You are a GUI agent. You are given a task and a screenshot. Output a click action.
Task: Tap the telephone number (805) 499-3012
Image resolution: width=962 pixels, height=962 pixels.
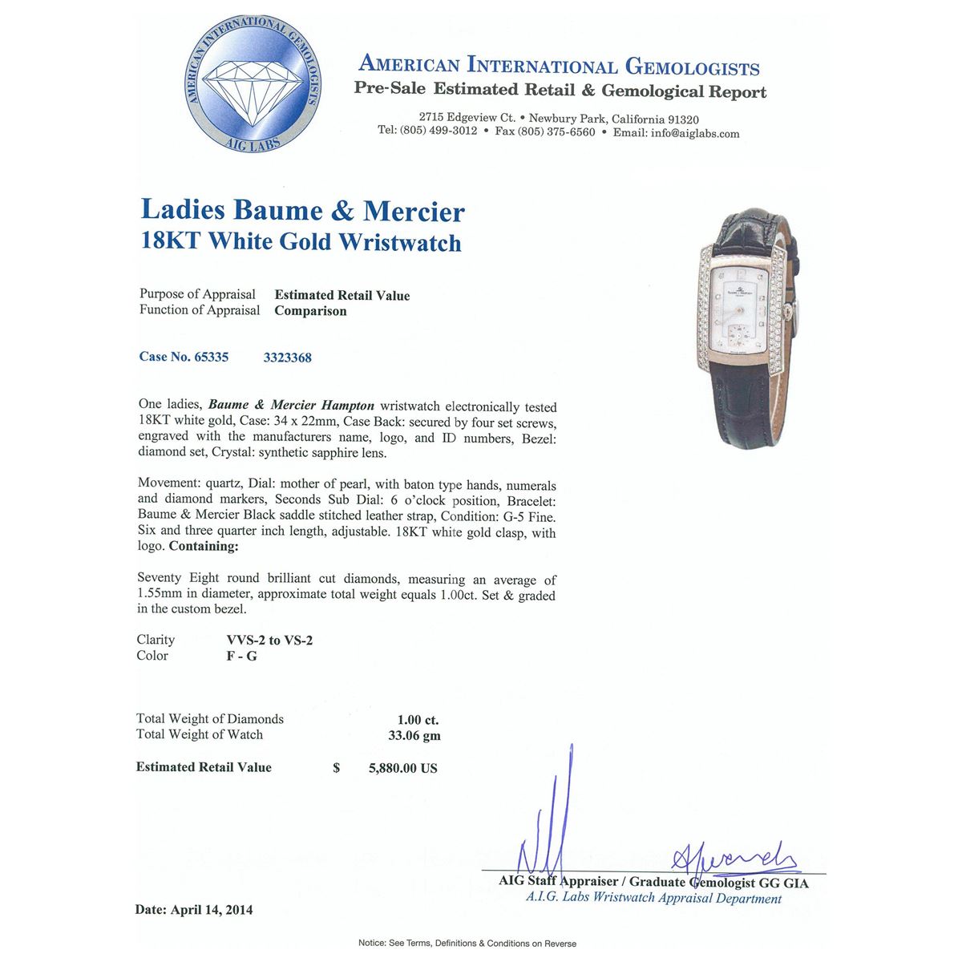439,131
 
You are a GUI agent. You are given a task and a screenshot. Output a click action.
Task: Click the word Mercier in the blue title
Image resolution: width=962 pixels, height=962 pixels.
414,211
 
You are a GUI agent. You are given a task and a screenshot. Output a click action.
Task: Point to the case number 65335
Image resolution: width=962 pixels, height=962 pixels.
211,357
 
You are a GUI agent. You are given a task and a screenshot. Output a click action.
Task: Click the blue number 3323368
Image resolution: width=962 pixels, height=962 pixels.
287,358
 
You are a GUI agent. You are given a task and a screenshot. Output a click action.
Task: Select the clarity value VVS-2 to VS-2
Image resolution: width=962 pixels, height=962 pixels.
276,640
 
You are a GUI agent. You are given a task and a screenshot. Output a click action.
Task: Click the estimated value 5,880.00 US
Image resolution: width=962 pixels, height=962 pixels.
402,768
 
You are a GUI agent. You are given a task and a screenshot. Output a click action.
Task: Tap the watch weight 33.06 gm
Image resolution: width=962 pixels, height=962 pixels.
414,735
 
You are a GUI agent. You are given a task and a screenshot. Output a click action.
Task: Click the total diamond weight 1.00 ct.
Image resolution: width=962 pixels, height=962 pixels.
418,720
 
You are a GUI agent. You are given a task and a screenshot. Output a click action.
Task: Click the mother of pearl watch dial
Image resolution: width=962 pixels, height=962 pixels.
744,321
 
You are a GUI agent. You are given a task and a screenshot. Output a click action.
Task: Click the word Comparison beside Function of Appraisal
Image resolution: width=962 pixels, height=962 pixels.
310,311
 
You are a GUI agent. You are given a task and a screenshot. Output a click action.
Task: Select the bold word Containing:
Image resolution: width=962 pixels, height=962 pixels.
203,546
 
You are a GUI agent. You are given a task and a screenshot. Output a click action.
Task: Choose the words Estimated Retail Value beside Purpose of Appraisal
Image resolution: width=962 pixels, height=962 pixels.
342,295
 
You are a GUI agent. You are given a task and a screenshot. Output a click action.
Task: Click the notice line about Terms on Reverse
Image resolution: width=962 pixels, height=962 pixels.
467,944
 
